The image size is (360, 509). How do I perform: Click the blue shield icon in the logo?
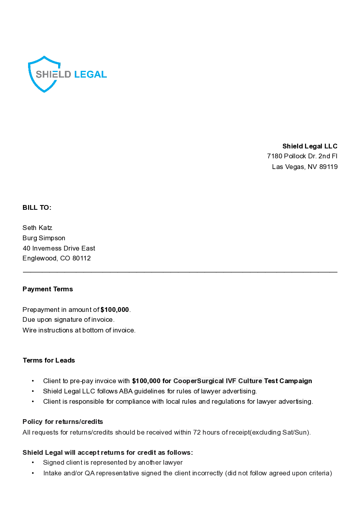tap(44, 74)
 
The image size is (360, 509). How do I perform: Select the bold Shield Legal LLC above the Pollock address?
tap(310, 146)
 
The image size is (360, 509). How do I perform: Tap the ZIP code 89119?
tap(328, 167)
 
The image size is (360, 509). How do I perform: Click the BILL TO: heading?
tap(37, 207)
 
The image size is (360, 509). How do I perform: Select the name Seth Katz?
tap(37, 228)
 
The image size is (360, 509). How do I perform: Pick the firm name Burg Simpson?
tap(44, 238)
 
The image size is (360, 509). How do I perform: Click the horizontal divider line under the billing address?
tap(180, 272)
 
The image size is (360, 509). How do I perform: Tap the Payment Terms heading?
tap(47, 289)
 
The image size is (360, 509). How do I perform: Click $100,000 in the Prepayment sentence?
tap(115, 310)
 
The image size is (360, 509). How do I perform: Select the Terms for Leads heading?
tap(49, 361)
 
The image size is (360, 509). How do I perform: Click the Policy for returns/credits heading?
tap(63, 422)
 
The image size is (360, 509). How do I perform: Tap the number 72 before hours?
tap(197, 432)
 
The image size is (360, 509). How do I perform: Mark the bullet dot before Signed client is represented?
tap(33, 463)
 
